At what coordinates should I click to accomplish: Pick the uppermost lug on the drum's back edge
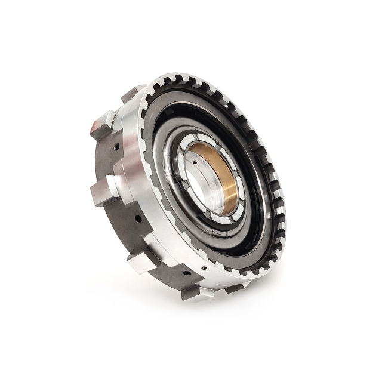coord(133,93)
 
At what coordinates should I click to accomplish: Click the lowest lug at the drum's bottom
coord(197,292)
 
